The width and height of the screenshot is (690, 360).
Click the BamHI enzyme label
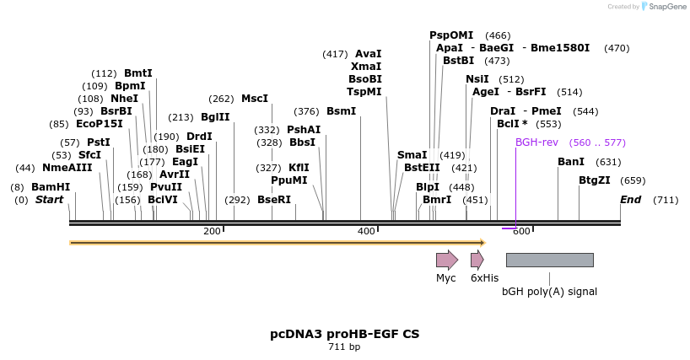51,186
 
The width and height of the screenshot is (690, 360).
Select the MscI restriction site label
255,99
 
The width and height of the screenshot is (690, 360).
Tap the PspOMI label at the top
451,35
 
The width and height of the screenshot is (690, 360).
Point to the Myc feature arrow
446,260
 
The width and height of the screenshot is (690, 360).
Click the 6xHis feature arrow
477,260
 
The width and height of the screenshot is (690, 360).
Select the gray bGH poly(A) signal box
549,260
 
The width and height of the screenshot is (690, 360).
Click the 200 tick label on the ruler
212,231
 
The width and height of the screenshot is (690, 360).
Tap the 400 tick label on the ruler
366,231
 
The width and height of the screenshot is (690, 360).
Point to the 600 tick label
521,231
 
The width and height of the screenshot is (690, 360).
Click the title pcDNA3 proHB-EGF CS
344,334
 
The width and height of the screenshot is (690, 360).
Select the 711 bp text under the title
344,347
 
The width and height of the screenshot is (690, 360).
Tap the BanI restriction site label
571,162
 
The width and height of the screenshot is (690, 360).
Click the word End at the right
630,200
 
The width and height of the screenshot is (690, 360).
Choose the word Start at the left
49,200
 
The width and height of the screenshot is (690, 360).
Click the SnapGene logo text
665,7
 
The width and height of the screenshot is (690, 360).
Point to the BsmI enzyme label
341,111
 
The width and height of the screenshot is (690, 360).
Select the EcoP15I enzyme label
99,124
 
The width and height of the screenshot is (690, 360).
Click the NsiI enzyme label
477,79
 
